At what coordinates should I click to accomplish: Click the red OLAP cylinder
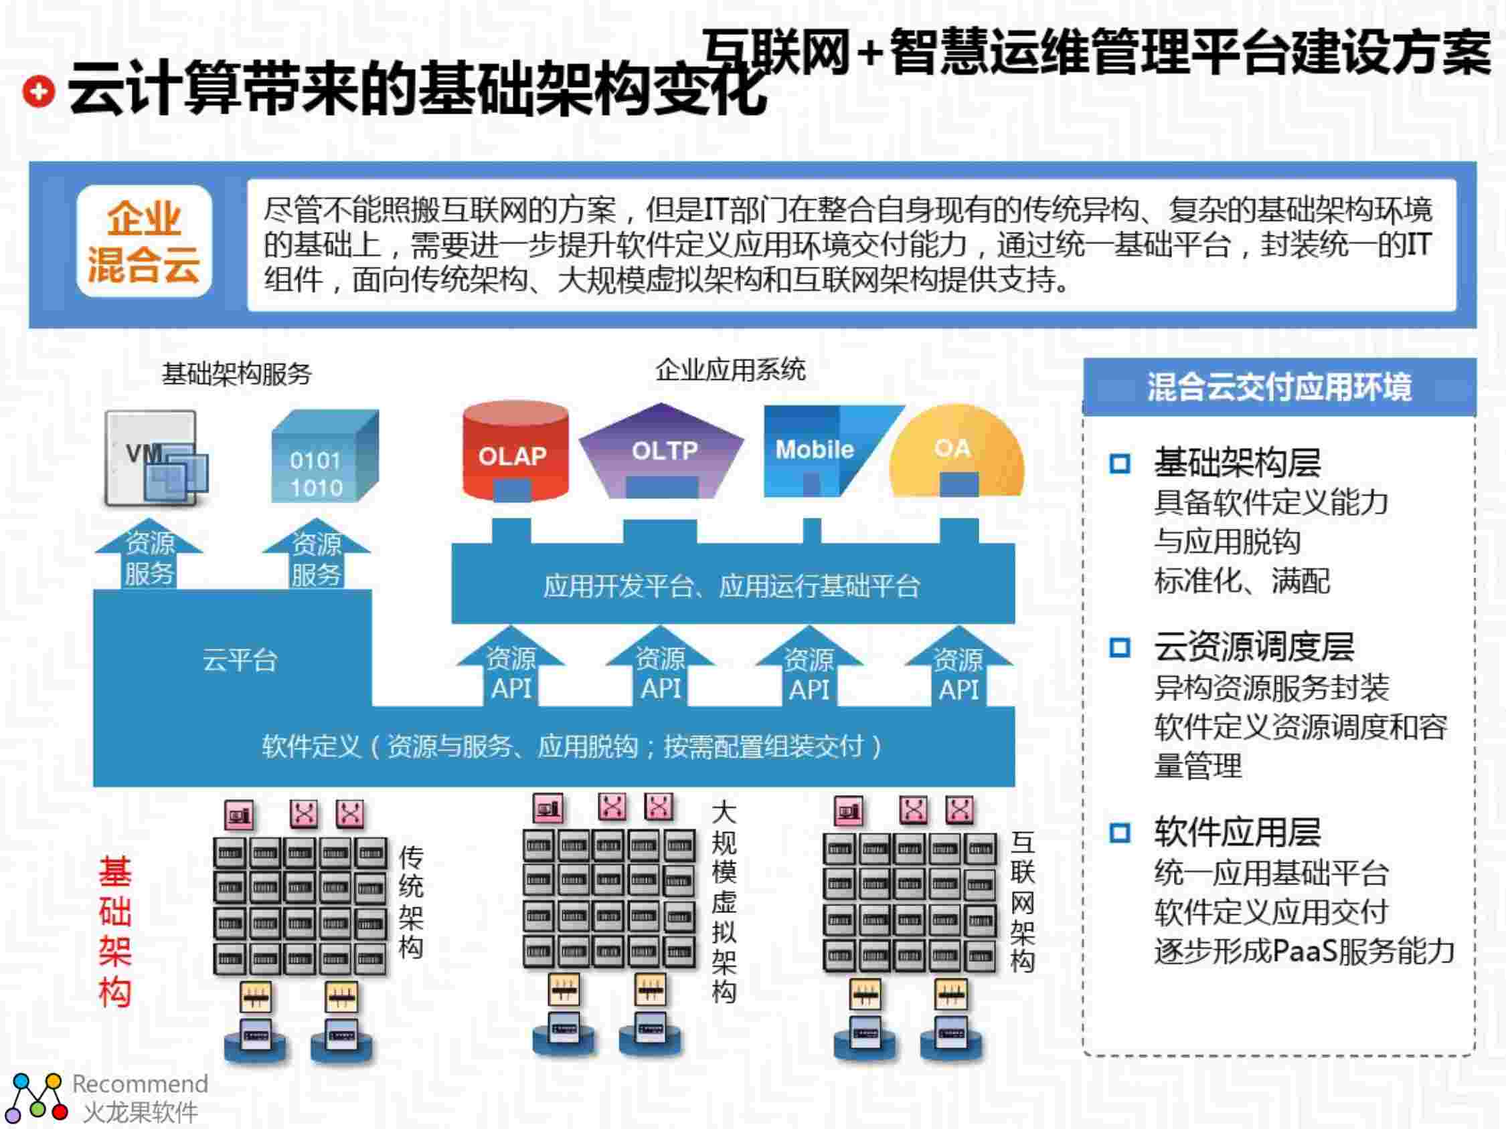[x=515, y=452]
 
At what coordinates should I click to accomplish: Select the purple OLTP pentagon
[x=661, y=451]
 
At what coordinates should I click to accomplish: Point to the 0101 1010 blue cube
[x=323, y=457]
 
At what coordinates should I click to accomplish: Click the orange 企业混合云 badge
[x=144, y=241]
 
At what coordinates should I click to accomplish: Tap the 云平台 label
[x=240, y=660]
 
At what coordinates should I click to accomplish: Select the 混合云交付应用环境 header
[x=1278, y=387]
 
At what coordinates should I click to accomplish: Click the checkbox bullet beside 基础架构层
[x=1120, y=464]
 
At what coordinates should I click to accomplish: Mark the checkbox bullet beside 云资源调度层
[x=1120, y=647]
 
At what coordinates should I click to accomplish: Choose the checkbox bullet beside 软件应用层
[x=1120, y=832]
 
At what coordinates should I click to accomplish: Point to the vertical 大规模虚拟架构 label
[x=724, y=902]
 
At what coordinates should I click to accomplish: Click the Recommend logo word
[x=140, y=1083]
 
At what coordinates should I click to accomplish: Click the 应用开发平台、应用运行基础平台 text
[x=732, y=586]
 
